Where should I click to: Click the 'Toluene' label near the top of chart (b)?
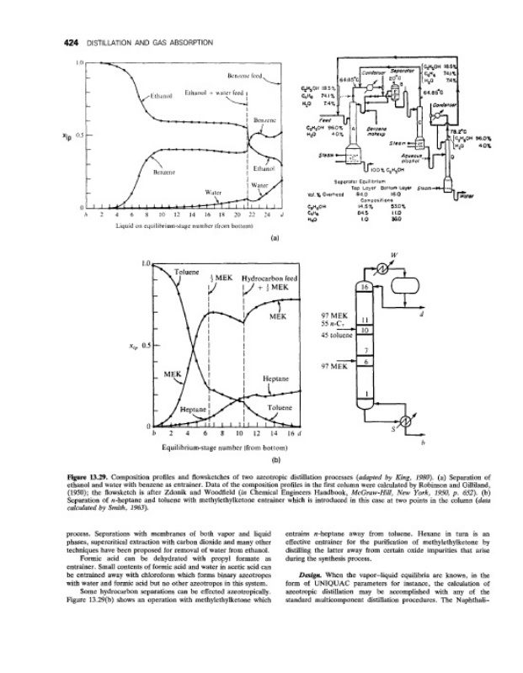coord(187,273)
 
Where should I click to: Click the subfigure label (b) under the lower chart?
coord(275,460)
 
